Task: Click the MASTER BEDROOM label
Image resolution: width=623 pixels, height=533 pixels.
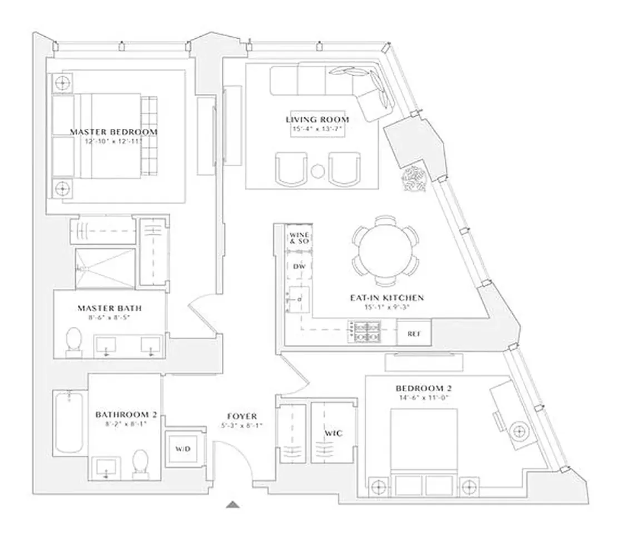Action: point(113,132)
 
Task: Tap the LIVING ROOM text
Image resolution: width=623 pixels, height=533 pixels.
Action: point(318,120)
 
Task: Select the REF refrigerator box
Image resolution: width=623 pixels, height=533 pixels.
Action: point(413,334)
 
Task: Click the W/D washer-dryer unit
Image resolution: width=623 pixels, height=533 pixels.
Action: point(183,448)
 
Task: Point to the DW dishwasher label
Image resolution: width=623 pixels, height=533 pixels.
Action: point(298,266)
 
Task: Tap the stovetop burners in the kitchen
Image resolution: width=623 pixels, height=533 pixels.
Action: point(362,332)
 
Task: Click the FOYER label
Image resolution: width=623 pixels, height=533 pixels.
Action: point(241,416)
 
